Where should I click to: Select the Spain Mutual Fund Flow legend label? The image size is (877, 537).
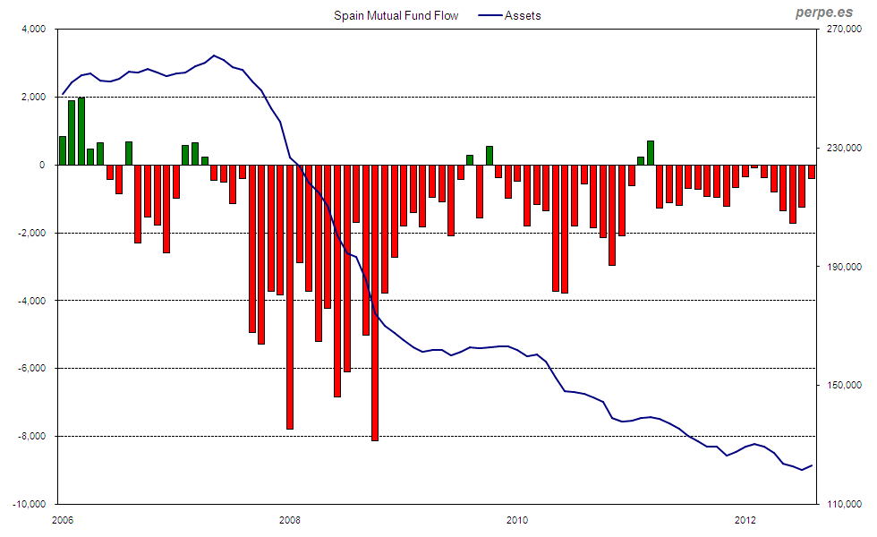coord(396,15)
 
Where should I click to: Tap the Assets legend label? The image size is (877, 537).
coord(523,15)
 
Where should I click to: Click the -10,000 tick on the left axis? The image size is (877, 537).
coord(28,504)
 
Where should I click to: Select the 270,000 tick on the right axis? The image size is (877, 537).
coord(844,30)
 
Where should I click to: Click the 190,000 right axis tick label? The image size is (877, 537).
coord(844,267)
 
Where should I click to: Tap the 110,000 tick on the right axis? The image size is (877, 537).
coord(844,504)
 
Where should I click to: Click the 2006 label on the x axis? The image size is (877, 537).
coord(62,519)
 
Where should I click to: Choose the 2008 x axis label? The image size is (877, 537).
coord(290,519)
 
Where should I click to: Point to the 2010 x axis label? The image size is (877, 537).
coord(517,519)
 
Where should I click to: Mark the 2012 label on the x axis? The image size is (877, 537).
coord(745,519)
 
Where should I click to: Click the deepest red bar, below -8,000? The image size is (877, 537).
coord(375,304)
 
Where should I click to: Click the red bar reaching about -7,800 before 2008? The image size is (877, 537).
coord(290,295)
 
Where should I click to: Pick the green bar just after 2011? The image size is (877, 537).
coord(651,153)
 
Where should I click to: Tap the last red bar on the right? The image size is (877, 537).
coord(812,172)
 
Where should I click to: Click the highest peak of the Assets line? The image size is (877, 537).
coord(214,55)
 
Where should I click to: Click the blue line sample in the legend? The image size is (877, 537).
coord(488,15)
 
